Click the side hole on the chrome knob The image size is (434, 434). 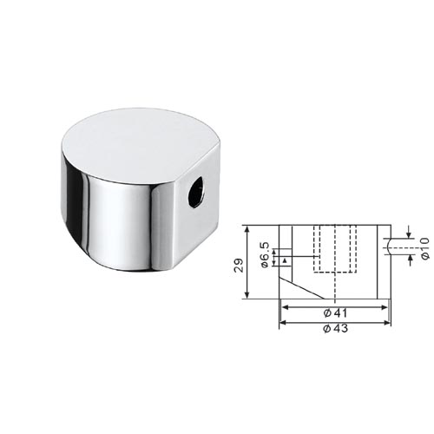196,191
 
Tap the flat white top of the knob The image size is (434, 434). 139,146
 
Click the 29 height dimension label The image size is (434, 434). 239,265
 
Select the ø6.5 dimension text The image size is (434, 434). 265,254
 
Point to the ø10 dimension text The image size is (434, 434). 424,248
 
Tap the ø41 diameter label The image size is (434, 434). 336,312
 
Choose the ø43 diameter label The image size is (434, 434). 336,328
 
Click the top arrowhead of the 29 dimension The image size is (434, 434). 247,229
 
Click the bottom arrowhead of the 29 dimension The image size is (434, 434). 247,294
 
